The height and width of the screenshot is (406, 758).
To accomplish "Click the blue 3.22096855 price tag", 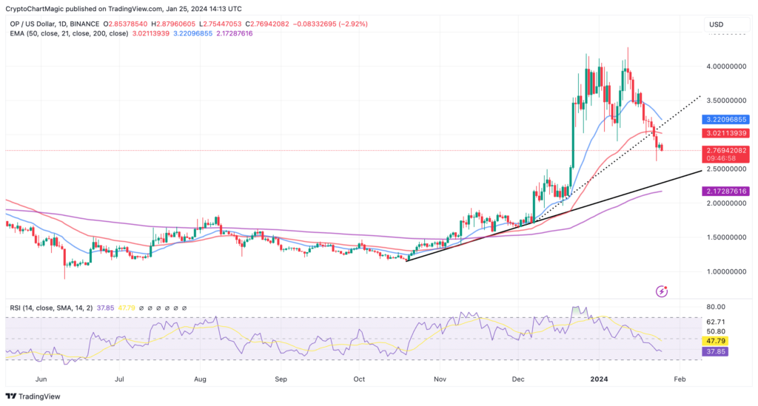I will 727,119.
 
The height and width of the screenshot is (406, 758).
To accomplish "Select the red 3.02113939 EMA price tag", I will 727,133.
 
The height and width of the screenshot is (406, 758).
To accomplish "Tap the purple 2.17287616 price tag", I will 727,191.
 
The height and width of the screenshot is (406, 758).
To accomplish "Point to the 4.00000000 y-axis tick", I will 725,67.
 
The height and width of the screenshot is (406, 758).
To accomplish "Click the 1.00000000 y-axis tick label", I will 725,271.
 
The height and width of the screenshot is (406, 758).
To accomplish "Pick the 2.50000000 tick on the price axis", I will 725,169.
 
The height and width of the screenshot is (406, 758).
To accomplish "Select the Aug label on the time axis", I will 200,377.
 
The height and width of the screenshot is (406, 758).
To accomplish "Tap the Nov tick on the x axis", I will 440,377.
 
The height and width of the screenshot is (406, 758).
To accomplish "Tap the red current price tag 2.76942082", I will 727,150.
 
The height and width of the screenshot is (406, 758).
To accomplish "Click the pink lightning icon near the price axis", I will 663,291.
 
